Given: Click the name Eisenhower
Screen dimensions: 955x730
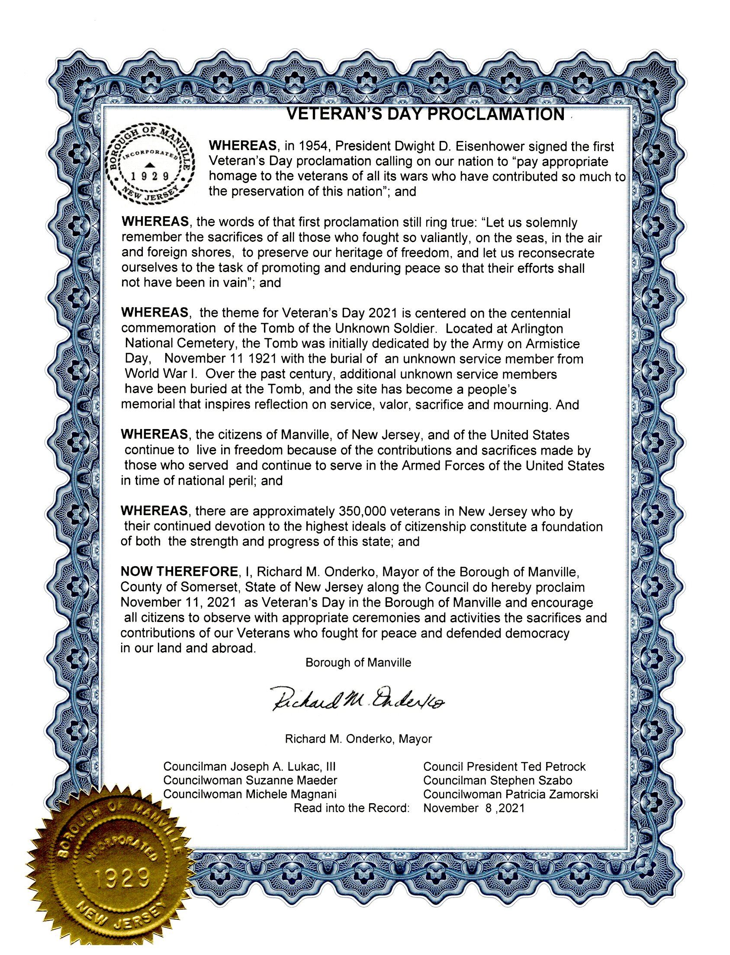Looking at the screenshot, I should (487, 146).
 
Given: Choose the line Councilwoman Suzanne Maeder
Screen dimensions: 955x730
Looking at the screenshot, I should (250, 780).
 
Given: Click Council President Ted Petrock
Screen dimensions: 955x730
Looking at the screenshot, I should (504, 766).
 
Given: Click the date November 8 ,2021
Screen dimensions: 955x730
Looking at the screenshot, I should (474, 808).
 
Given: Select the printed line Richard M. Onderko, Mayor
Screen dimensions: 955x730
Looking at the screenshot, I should (358, 739).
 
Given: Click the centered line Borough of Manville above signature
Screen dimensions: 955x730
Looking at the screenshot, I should (358, 663).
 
